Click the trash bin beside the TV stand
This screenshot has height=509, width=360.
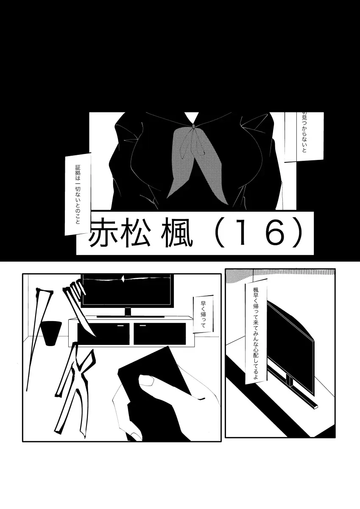point(51,333)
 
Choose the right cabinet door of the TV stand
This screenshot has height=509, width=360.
point(160,333)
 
